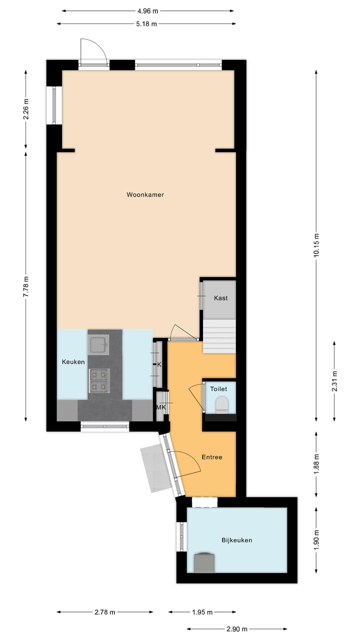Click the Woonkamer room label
(145, 195)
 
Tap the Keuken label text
(73, 362)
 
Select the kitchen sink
(98, 344)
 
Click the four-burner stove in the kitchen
(99, 380)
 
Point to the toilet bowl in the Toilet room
(220, 403)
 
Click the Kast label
(220, 298)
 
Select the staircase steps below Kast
(219, 336)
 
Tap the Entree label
(211, 457)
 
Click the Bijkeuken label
(236, 540)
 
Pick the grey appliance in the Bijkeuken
(204, 562)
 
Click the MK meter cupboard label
(161, 407)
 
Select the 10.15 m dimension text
(316, 245)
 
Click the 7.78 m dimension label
(26, 288)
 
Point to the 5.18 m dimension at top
(146, 23)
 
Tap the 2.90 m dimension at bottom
(237, 628)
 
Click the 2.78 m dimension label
(105, 612)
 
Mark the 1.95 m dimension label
(202, 612)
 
